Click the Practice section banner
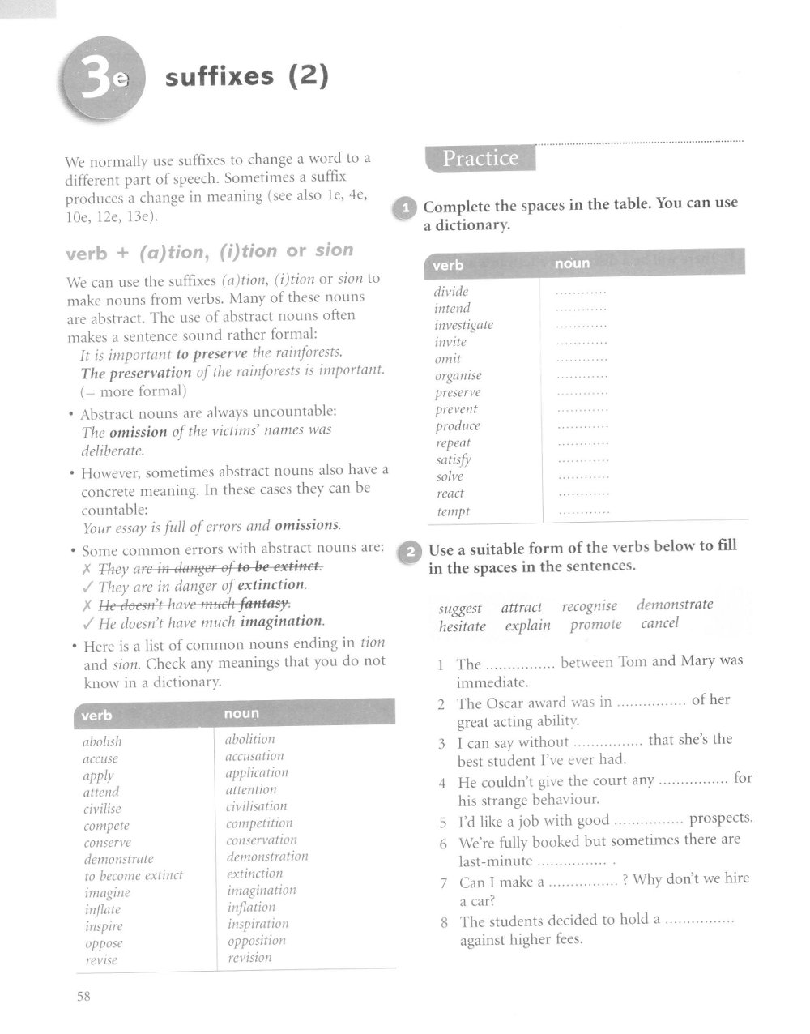(x=480, y=158)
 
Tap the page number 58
(x=83, y=996)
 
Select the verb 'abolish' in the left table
(x=102, y=741)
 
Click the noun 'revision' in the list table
(x=249, y=957)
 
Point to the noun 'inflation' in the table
(x=251, y=907)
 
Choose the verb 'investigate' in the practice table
(x=463, y=325)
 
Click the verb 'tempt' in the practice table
(x=453, y=511)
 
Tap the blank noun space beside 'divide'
(x=582, y=292)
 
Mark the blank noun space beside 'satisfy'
(x=584, y=460)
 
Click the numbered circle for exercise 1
(x=404, y=209)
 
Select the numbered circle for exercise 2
(x=409, y=553)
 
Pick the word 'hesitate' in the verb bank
(x=463, y=626)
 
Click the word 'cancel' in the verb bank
(x=659, y=624)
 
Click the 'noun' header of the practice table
(x=573, y=264)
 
